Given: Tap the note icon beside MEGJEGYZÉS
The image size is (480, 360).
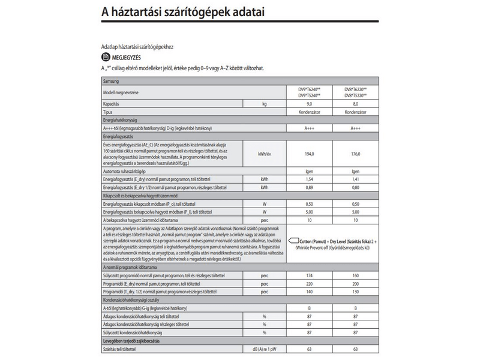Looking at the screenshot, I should [x=106, y=57].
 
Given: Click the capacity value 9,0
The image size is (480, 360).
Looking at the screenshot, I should [x=310, y=104].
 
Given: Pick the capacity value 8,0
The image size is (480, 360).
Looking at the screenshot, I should [x=355, y=104].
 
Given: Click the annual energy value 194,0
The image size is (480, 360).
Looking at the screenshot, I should [x=310, y=154].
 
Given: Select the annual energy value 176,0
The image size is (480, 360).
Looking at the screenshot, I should [x=355, y=154].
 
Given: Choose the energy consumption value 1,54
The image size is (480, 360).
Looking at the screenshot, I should [x=310, y=179].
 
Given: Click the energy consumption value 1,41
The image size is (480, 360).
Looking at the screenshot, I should [x=355, y=179].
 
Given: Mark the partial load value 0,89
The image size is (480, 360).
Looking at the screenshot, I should [x=310, y=187].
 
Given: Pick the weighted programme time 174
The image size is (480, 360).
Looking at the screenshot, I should [x=310, y=275].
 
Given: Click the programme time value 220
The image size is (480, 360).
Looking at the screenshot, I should [x=310, y=283].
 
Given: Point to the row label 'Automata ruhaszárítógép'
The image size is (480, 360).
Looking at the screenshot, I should [x=128, y=171].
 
